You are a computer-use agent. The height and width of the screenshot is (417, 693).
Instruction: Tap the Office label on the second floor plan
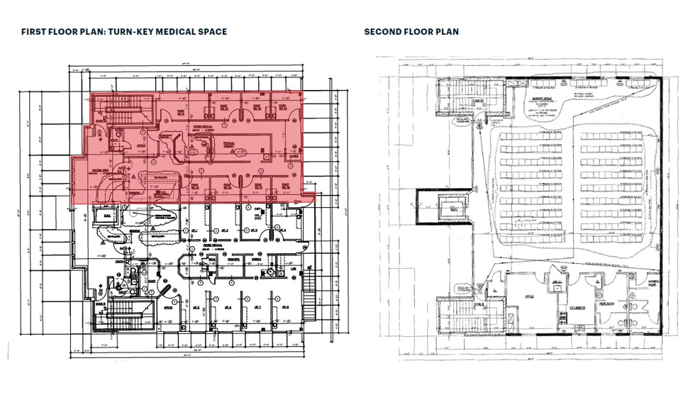tap(528, 298)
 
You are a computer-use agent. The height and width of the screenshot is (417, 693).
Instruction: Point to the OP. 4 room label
tap(282, 230)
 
